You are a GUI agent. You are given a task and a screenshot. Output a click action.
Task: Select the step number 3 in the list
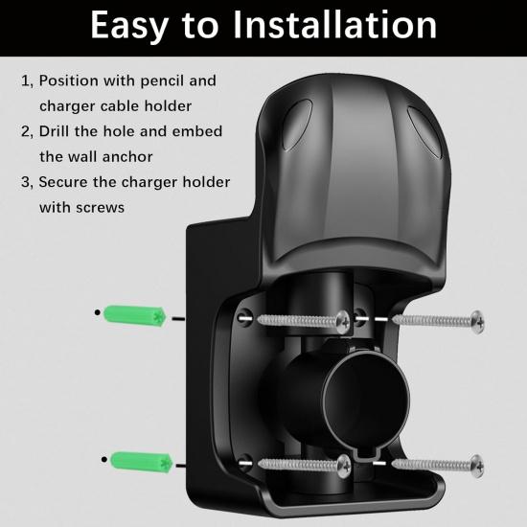pos(26,182)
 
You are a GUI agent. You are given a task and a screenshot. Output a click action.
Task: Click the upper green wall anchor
pos(136,313)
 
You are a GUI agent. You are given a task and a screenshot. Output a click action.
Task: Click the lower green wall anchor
pos(136,464)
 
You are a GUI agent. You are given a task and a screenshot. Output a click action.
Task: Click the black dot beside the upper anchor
pos(98,312)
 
